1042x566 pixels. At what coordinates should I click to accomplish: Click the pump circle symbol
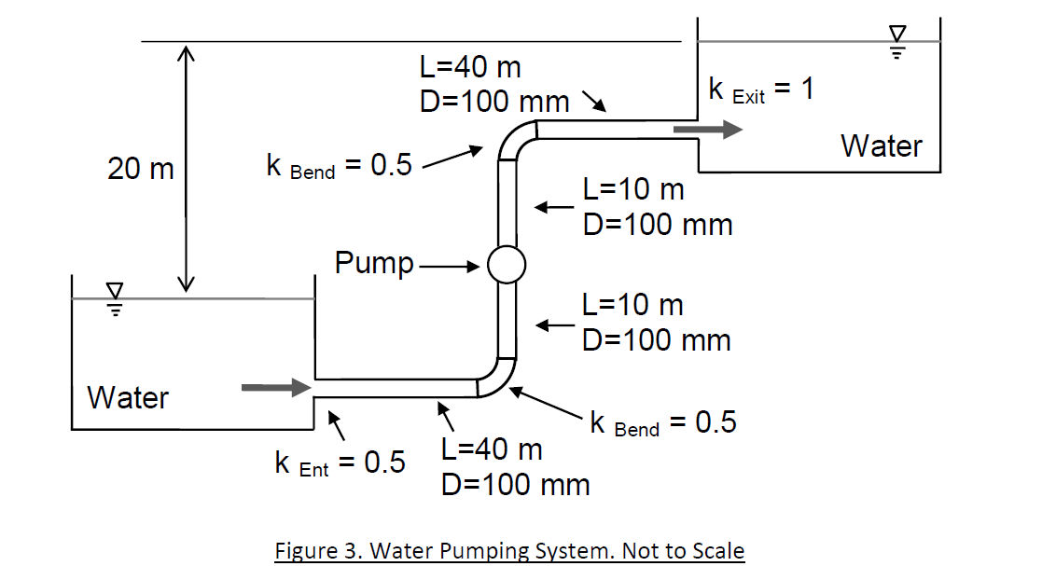(x=507, y=265)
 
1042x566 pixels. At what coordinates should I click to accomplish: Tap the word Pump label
(x=374, y=263)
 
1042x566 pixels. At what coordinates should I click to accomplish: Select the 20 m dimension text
(x=141, y=169)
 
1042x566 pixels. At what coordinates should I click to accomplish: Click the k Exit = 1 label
(x=761, y=90)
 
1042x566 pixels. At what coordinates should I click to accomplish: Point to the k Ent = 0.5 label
(x=340, y=462)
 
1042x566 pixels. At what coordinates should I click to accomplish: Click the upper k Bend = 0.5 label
(x=339, y=166)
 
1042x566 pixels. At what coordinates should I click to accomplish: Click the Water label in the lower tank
(x=128, y=398)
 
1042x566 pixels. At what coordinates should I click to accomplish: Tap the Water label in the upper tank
(x=882, y=146)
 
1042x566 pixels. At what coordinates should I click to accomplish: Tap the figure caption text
(x=509, y=550)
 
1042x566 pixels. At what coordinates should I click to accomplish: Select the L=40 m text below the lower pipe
(x=492, y=449)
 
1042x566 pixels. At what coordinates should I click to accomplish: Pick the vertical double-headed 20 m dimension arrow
(x=188, y=169)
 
